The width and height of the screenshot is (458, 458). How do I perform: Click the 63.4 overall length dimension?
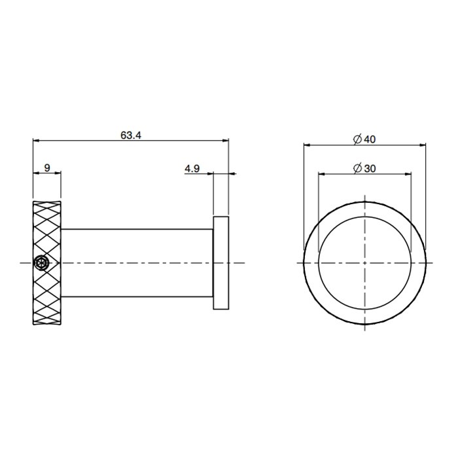click(131, 135)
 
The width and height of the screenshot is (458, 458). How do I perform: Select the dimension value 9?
click(46, 168)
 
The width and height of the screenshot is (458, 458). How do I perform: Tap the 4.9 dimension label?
click(192, 168)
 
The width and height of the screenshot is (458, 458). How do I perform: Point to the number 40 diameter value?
click(369, 139)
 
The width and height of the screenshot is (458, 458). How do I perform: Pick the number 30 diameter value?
click(369, 168)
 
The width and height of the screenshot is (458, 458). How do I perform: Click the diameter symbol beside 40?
click(357, 139)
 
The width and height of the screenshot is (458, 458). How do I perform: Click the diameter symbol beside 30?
click(357, 168)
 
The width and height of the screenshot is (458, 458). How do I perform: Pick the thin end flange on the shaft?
click(221, 262)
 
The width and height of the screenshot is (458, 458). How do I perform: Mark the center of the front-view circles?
click(364, 262)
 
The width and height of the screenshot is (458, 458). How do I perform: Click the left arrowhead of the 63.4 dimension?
click(37, 140)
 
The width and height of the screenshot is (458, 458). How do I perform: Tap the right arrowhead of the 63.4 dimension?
click(224, 140)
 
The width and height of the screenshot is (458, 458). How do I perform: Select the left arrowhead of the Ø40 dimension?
click(308, 145)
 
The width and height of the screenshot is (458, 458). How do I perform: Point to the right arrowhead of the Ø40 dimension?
click(421, 145)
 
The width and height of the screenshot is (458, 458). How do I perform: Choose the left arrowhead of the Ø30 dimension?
click(322, 173)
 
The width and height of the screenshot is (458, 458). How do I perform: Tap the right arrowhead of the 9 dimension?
click(57, 173)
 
